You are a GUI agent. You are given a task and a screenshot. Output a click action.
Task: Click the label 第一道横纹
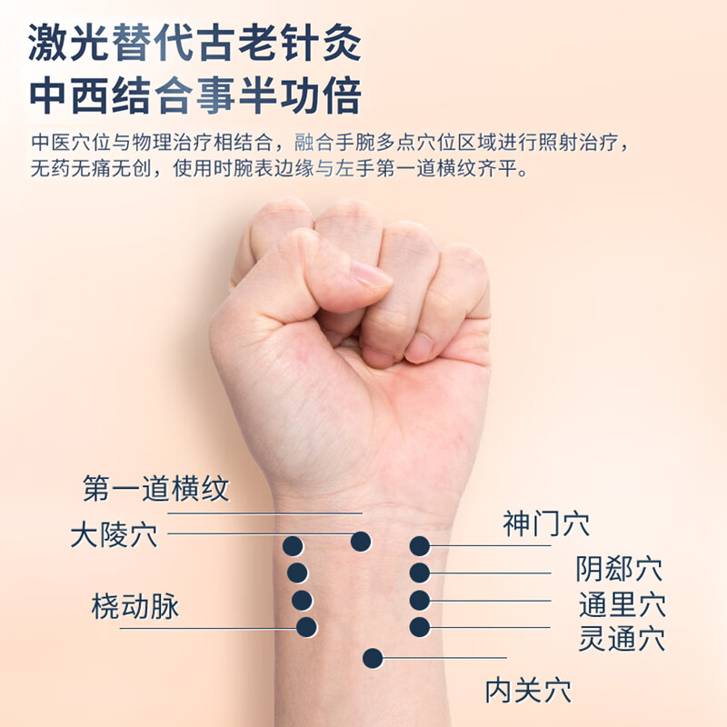155,490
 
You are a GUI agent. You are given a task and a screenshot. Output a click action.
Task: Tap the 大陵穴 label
114,534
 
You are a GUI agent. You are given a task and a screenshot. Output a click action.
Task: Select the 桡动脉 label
134,606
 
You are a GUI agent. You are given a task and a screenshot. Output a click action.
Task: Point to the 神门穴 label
545,524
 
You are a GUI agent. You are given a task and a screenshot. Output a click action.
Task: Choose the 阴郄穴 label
619,570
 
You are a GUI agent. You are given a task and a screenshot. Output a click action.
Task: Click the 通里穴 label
622,604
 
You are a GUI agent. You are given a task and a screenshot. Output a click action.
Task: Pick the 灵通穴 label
622,638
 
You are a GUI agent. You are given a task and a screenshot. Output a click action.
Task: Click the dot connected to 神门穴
419,546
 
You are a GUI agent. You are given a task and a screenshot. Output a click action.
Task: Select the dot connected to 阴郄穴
419,573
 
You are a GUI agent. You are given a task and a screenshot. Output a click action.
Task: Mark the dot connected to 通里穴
419,601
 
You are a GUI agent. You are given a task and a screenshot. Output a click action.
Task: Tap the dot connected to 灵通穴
419,627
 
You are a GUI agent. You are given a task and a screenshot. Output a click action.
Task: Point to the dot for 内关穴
373,658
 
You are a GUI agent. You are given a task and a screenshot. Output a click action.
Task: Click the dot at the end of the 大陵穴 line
361,542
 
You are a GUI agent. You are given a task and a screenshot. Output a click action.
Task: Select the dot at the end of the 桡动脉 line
307,626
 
